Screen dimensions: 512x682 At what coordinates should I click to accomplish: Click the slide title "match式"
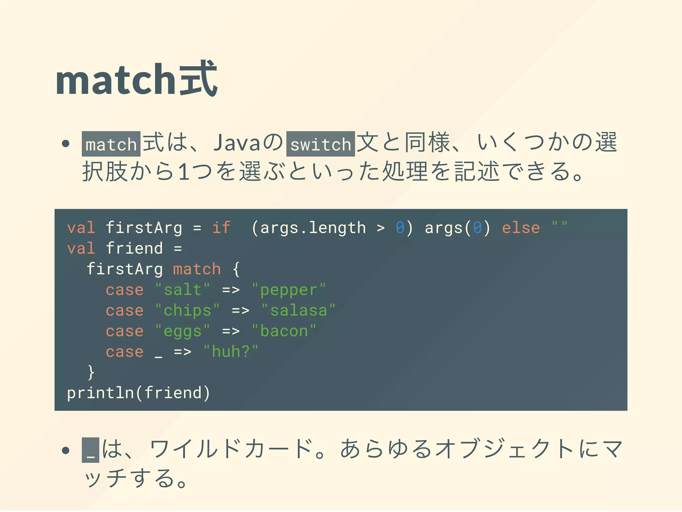pos(137,80)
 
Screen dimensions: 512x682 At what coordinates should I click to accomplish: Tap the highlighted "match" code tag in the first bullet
pos(111,144)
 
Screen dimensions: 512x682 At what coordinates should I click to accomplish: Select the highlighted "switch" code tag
pos(320,144)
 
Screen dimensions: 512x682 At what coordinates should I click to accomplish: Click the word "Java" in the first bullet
pos(236,143)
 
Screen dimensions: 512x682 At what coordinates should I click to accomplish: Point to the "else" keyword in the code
pos(521,228)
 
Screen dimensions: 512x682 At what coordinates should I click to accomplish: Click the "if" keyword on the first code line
pos(221,228)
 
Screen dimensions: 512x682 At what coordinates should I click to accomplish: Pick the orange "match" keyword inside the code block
pos(197,269)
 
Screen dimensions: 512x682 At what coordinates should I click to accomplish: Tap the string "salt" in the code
pos(182,290)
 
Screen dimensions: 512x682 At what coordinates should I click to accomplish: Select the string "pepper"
pos(288,290)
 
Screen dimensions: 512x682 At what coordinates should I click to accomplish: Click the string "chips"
pos(187,310)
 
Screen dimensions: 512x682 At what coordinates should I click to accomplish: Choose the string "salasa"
pos(298,310)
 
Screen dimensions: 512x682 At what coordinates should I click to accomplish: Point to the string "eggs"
pos(182,331)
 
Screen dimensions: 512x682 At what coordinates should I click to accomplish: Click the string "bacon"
pos(284,331)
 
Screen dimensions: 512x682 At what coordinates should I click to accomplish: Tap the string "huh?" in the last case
pos(230,352)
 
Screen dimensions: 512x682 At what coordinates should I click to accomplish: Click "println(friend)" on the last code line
pos(139,393)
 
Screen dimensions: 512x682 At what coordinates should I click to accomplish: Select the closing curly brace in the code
pos(91,372)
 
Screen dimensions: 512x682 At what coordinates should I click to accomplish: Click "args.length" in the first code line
pos(313,228)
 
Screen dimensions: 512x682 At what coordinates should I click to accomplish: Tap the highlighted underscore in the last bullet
pos(91,450)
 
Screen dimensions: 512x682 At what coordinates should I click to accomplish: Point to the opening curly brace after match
pos(236,269)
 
